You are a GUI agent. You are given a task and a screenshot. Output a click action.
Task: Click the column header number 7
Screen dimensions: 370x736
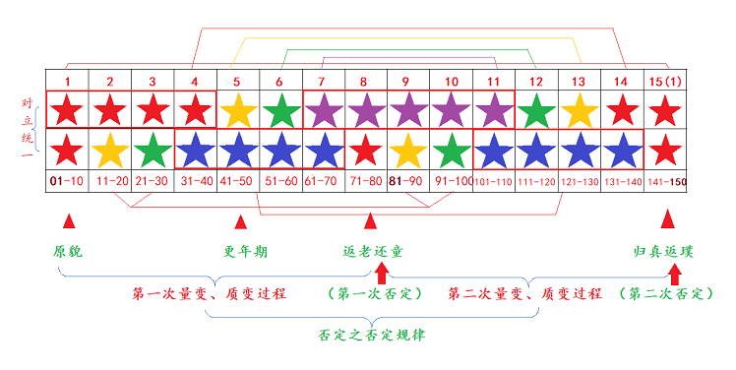click(323, 81)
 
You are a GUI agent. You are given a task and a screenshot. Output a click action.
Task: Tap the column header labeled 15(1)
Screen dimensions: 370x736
click(666, 81)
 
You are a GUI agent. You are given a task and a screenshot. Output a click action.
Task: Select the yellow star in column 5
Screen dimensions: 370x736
click(238, 109)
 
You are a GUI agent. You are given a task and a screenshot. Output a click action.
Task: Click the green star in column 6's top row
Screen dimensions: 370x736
click(281, 109)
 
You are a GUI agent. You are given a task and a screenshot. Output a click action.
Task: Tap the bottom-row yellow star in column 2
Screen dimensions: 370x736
click(110, 150)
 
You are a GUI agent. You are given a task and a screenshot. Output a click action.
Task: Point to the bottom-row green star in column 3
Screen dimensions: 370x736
click(153, 150)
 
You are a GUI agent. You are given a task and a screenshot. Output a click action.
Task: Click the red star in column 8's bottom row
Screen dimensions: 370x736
click(365, 150)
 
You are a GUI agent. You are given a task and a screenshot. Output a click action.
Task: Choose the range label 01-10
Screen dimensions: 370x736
click(66, 181)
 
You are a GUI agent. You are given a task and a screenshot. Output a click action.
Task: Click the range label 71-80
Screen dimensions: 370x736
click(365, 181)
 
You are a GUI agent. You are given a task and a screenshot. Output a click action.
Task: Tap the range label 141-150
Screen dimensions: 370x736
click(665, 181)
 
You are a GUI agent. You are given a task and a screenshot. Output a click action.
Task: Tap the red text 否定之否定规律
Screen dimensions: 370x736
click(372, 334)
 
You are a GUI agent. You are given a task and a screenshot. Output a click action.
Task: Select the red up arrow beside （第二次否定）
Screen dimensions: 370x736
click(673, 276)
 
